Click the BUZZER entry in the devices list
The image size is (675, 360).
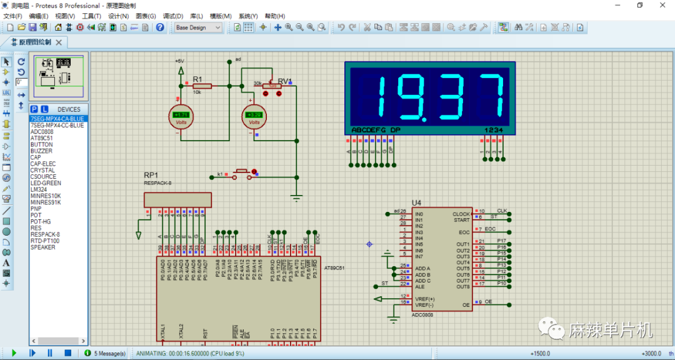[x=41, y=151]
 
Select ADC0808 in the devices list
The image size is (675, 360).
[x=42, y=132]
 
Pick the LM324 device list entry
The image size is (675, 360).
[x=39, y=189]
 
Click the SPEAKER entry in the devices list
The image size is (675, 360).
[x=43, y=247]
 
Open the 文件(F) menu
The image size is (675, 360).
[x=12, y=16]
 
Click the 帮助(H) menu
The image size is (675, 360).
[x=275, y=16]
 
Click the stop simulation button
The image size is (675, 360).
[x=67, y=353]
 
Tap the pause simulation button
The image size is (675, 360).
[x=50, y=353]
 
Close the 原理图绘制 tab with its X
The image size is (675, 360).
[x=59, y=42]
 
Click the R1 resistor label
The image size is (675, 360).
[x=197, y=79]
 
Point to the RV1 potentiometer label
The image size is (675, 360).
[x=285, y=81]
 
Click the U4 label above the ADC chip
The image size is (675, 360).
[x=417, y=203]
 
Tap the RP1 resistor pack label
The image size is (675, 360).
[x=151, y=175]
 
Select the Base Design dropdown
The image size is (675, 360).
[x=198, y=27]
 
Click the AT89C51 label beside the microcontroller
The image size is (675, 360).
[x=334, y=267]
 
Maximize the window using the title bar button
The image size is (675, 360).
[x=639, y=5]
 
